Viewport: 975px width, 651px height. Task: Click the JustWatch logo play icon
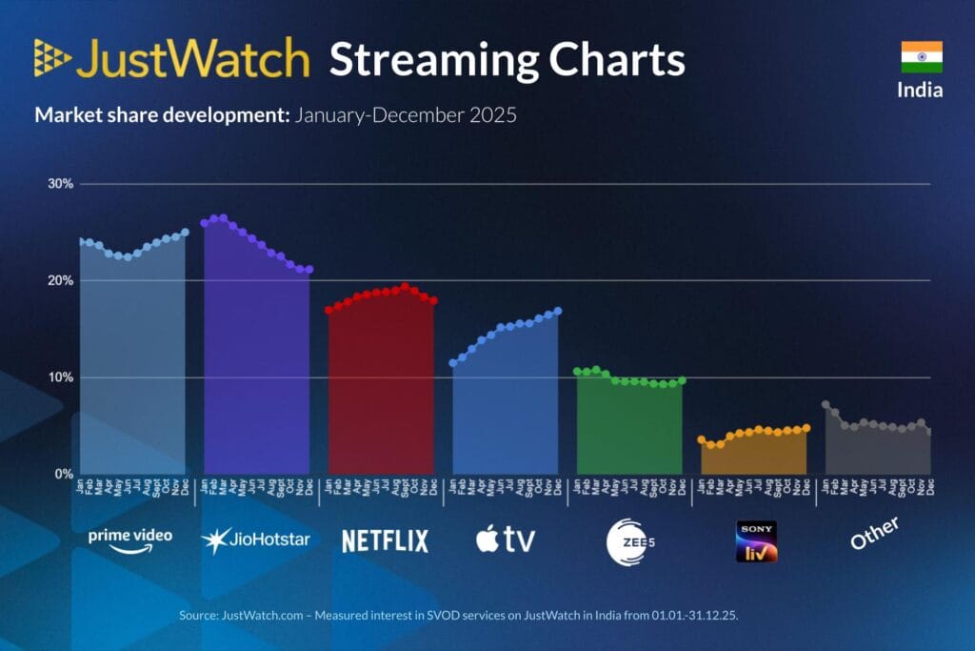[x=52, y=58]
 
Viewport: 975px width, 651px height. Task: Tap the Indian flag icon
[x=921, y=57]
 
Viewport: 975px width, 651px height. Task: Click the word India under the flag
[x=921, y=91]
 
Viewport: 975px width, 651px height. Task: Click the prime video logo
[x=130, y=538]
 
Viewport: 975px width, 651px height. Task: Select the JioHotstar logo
[x=255, y=539]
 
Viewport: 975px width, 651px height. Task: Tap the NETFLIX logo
[x=385, y=540]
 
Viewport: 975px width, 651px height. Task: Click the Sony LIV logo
[x=756, y=540]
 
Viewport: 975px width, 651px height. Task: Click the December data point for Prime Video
[x=185, y=232]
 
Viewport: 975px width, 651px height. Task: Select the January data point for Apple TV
[x=453, y=363]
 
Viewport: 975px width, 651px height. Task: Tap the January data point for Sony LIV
[x=702, y=439]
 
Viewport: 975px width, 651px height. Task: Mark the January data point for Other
[x=826, y=404]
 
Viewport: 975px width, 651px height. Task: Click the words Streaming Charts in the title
[x=507, y=59]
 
